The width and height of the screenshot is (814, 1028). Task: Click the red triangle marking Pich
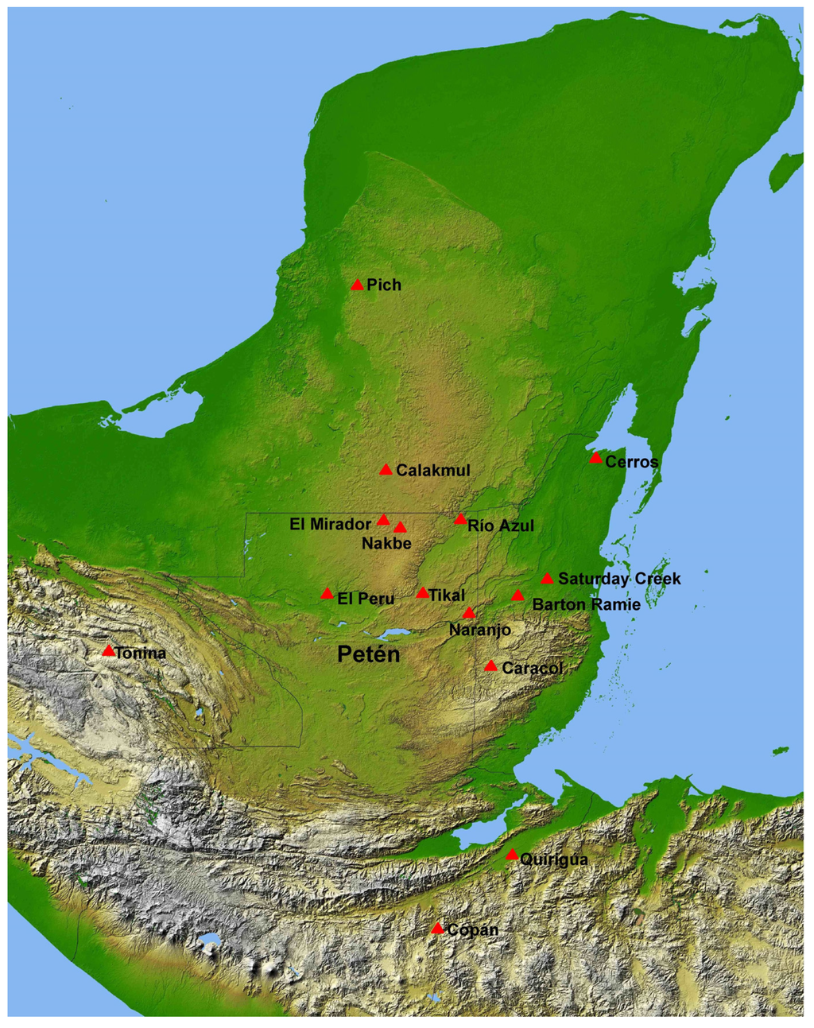pyautogui.click(x=357, y=285)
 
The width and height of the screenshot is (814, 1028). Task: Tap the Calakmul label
pyautogui.click(x=432, y=471)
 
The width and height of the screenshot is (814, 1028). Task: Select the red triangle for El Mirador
pyautogui.click(x=383, y=520)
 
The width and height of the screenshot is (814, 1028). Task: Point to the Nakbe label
pyautogui.click(x=386, y=544)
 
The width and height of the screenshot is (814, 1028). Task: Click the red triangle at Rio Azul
pyautogui.click(x=460, y=519)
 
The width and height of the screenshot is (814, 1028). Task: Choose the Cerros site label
pyautogui.click(x=632, y=462)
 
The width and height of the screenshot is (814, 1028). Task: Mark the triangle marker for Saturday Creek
pyautogui.click(x=547, y=578)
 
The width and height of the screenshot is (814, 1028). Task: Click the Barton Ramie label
pyautogui.click(x=586, y=604)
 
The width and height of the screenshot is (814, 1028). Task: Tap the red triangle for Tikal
pyautogui.click(x=422, y=593)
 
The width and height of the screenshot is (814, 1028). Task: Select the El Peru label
pyautogui.click(x=366, y=599)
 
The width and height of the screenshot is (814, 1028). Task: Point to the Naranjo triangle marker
pyautogui.click(x=469, y=613)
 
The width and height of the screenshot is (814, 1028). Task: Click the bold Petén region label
pyautogui.click(x=367, y=654)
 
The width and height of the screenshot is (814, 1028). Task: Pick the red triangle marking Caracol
pyautogui.click(x=490, y=665)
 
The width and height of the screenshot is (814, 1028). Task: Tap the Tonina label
pyautogui.click(x=141, y=654)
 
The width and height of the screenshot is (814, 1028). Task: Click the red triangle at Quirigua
pyautogui.click(x=512, y=855)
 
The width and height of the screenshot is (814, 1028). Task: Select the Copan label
pyautogui.click(x=472, y=929)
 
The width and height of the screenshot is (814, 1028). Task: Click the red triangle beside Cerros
pyautogui.click(x=595, y=457)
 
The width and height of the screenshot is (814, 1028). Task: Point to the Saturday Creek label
pyautogui.click(x=619, y=579)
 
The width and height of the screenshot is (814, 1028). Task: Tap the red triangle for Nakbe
pyautogui.click(x=400, y=527)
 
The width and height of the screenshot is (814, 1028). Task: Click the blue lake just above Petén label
pyautogui.click(x=393, y=634)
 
